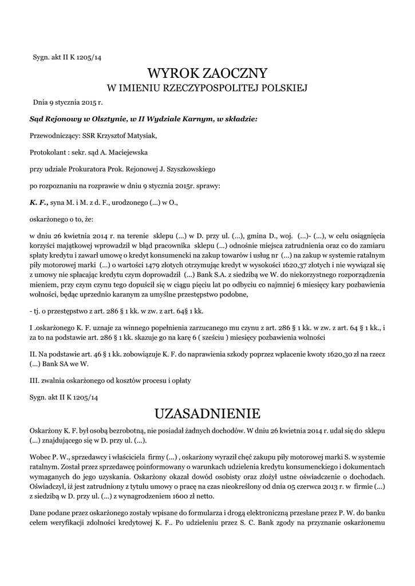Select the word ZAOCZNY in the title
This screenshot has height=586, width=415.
tap(235, 73)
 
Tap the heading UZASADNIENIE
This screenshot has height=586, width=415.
tap(207, 413)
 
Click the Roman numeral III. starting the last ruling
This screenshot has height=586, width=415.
tap(33, 380)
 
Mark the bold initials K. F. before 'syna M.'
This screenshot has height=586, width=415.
tap(38, 202)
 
